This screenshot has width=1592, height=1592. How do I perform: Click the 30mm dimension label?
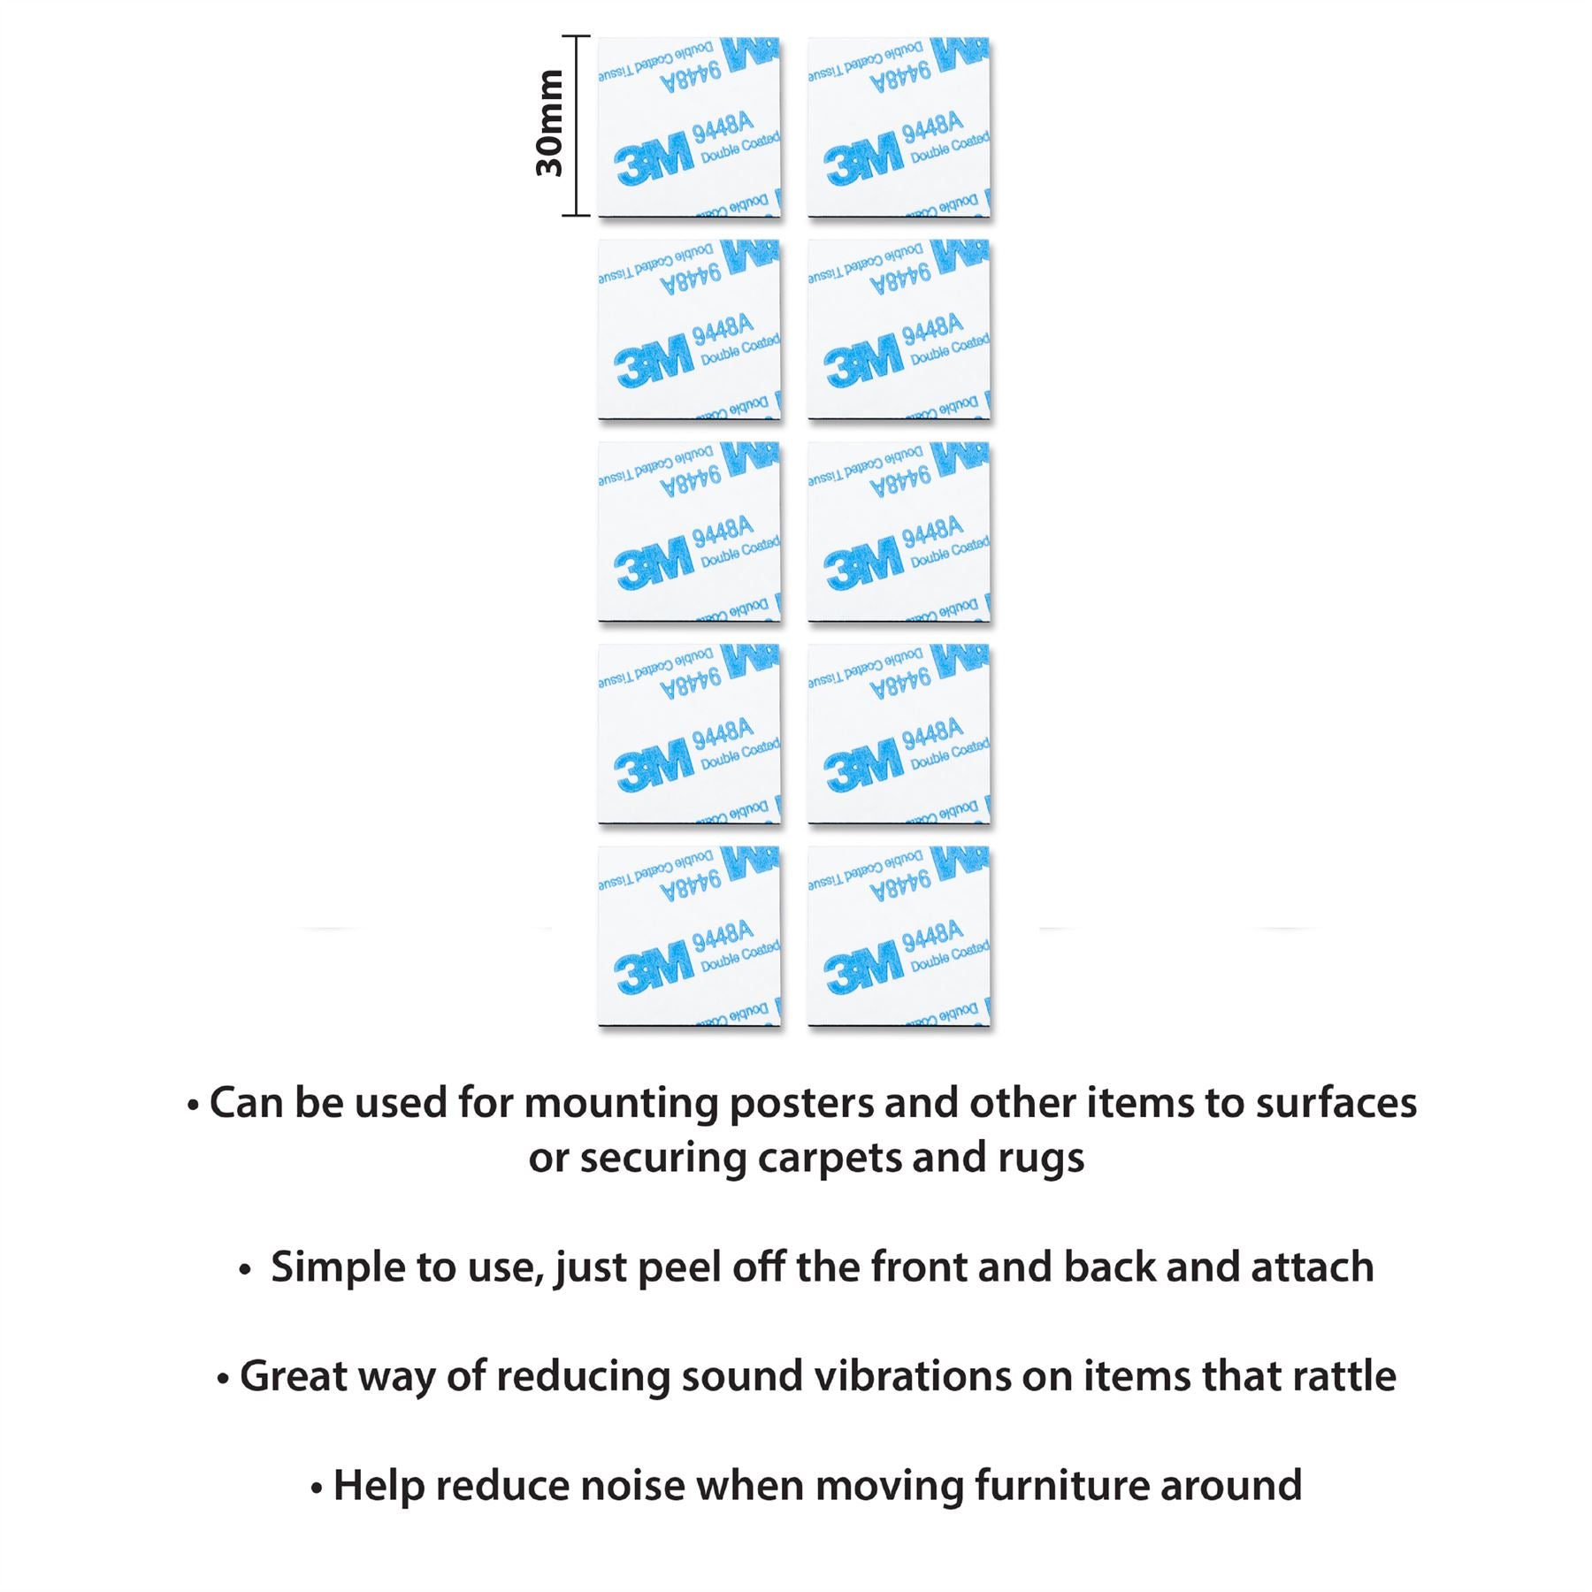[550, 124]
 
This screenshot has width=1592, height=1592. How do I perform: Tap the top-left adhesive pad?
[689, 126]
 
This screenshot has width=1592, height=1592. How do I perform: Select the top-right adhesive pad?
[899, 126]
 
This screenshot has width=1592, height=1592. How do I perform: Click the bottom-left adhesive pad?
[689, 936]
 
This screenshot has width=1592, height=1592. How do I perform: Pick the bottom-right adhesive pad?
[899, 936]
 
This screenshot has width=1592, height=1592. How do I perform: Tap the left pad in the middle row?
[689, 532]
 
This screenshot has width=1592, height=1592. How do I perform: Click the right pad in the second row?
[899, 329]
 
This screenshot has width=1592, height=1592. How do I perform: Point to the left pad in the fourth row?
[689, 734]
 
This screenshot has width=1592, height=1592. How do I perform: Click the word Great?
[293, 1376]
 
